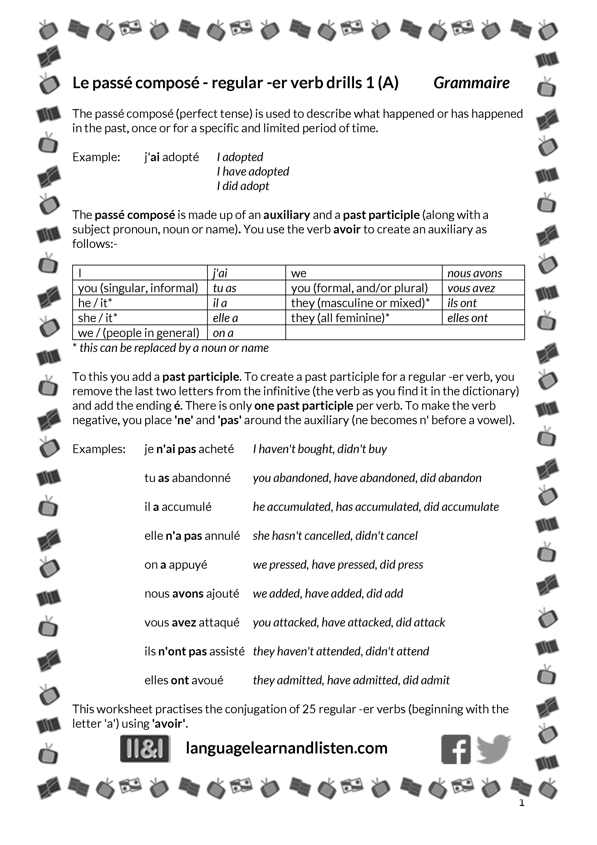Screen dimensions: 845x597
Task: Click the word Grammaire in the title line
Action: click(471, 83)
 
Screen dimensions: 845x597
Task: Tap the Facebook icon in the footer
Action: click(456, 749)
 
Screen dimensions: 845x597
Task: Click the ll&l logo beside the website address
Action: click(145, 749)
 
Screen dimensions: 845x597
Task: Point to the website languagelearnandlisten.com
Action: click(287, 748)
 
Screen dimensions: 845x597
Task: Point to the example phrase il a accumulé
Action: click(178, 507)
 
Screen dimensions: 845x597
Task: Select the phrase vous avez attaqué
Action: click(192, 623)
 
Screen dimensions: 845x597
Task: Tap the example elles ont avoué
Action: click(184, 680)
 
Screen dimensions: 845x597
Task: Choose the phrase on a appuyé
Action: click(176, 565)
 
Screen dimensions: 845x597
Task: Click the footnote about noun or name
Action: click(171, 348)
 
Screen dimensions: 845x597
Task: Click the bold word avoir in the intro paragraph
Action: click(347, 230)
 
